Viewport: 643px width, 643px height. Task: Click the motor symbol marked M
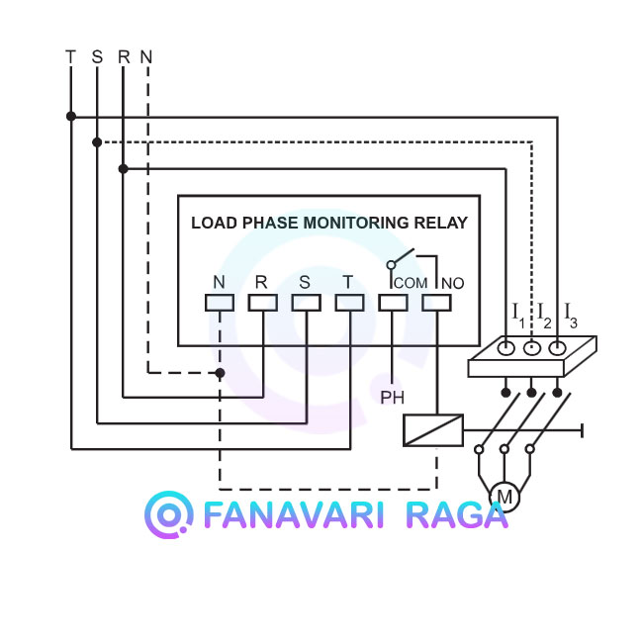[x=505, y=497]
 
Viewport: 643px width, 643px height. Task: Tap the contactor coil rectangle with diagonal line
[x=433, y=430]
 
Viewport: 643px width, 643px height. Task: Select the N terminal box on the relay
[x=220, y=303]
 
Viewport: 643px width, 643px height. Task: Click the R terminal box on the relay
[x=262, y=303]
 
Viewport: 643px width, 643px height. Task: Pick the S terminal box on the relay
[x=306, y=303]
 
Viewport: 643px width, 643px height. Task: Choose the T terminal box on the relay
[x=349, y=303]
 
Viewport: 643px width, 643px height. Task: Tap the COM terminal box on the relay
[x=393, y=303]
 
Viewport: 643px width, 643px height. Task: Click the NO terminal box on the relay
[x=436, y=303]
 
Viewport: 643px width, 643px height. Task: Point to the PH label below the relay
[x=392, y=398]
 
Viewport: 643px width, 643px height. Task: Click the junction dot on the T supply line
[x=71, y=117]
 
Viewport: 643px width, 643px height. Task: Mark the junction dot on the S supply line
[x=97, y=142]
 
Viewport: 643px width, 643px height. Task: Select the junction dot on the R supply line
[x=123, y=168]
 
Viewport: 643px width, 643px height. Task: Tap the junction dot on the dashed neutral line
[x=220, y=373]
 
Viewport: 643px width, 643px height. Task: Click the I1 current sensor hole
[x=506, y=348]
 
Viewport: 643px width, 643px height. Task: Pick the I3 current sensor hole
[x=557, y=348]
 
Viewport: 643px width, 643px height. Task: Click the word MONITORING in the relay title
[x=356, y=223]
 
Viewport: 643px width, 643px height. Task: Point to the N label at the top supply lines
[x=146, y=57]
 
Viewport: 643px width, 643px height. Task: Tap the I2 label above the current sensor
[x=544, y=315]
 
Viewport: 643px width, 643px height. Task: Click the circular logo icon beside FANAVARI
[x=168, y=514]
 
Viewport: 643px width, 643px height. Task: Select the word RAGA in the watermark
[x=456, y=515]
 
